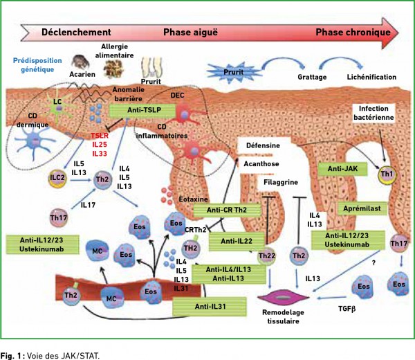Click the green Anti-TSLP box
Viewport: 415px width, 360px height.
coord(142,111)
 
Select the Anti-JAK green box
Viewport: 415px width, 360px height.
coord(342,169)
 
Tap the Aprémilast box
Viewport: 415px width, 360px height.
coord(362,209)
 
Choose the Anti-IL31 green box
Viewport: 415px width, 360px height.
coord(210,307)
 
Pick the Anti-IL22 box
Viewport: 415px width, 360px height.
coord(237,242)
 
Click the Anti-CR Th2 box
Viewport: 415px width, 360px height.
coord(227,210)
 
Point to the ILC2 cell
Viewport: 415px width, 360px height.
coord(57,178)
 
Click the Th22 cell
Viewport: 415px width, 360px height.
coord(266,256)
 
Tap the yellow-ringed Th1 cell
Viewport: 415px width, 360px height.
coord(387,174)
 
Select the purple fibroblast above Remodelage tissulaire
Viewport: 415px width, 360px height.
coord(283,297)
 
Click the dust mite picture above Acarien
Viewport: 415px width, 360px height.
coord(80,62)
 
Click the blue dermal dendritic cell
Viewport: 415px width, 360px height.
coord(34,142)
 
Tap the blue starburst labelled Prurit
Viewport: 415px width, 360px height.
coord(234,72)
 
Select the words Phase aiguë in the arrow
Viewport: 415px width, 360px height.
coord(190,33)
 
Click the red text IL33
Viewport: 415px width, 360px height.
coord(100,154)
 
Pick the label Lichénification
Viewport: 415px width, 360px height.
coord(371,77)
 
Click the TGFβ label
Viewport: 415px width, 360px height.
coord(347,309)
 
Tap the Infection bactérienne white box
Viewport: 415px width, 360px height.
coord(373,113)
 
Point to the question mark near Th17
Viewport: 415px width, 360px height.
coord(373,263)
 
